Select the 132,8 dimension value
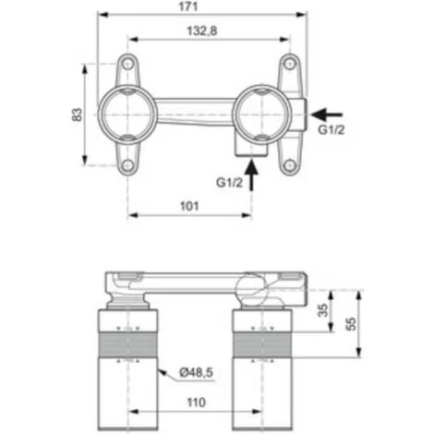tap(207, 31)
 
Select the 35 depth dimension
tap(321, 310)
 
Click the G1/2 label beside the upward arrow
tap(230, 183)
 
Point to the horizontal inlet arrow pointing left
tap(326, 115)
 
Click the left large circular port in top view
tap(126, 115)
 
